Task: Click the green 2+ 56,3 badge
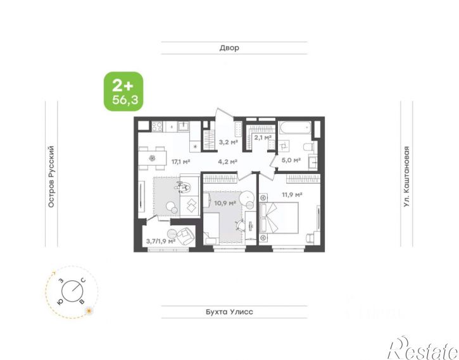pos(124,92)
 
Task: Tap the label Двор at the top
pos(229,47)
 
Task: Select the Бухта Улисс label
pos(229,312)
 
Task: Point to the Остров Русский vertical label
pos(51,177)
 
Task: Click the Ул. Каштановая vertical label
pos(406,177)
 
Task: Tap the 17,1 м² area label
pos(181,161)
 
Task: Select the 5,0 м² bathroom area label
pos(291,160)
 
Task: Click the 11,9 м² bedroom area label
pos(292,194)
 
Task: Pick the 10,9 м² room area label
pos(225,202)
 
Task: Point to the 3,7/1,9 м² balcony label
pos(161,241)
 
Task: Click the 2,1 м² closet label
pos(263,137)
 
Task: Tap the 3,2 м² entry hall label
pos(229,142)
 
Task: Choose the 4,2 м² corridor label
pos(227,161)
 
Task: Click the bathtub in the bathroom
pos(295,128)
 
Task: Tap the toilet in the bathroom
pos(308,146)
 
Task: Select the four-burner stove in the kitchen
pos(157,127)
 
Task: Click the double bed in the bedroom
pos(279,218)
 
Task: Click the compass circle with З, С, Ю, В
pos(72,291)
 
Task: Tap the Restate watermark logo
pos(424,348)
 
